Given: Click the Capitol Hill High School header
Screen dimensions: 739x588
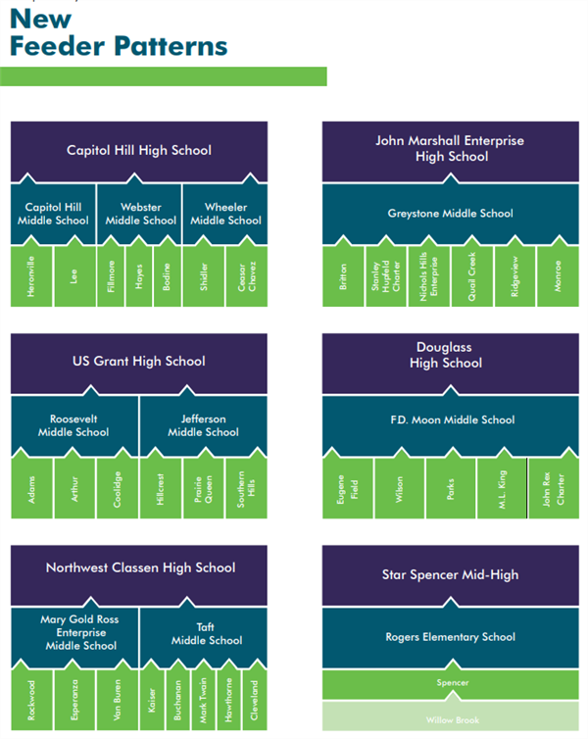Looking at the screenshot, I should pos(138,151).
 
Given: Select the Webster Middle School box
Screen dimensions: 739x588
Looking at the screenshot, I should pos(140,214).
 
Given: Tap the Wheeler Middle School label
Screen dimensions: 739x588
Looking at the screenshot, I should pos(225,214).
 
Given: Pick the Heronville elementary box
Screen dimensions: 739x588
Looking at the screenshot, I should pos(31,277).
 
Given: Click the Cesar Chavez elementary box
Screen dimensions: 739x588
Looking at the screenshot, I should pos(246,277).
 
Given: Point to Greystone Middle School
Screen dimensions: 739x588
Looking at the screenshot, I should pos(450,214).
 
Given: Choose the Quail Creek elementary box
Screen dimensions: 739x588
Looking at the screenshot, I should pos(472,277).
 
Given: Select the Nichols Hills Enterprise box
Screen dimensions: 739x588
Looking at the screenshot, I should pos(429,277).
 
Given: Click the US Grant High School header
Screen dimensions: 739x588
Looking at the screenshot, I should pos(138,362).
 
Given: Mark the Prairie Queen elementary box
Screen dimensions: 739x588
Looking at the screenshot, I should pos(204,488).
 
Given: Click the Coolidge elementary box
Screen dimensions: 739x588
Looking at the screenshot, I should pos(117,488).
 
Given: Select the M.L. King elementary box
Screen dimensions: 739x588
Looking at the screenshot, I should pos(501,488).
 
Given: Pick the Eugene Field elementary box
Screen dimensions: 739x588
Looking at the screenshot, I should pos(348,488).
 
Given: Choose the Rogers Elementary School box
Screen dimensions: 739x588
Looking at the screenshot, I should pos(450,637).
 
